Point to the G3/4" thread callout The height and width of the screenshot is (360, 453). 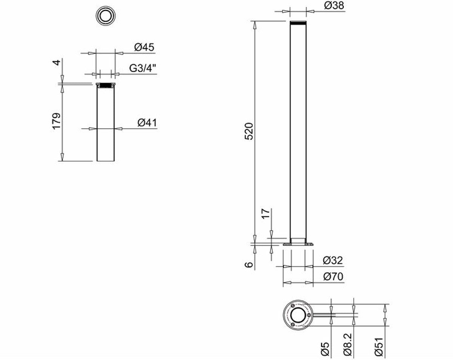[x=143, y=68]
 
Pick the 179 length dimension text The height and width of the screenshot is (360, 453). [x=56, y=121]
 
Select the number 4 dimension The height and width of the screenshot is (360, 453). [x=56, y=62]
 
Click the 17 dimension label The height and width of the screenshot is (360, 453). [x=266, y=213]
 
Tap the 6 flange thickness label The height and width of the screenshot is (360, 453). [x=248, y=265]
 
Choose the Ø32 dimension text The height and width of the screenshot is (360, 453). [x=333, y=260]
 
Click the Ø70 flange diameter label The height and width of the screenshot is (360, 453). [x=333, y=277]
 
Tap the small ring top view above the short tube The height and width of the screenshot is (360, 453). [x=105, y=16]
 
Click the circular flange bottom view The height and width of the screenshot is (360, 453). [x=298, y=315]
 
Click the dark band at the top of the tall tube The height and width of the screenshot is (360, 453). [x=298, y=23]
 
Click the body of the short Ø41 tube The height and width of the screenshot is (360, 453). [x=106, y=125]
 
